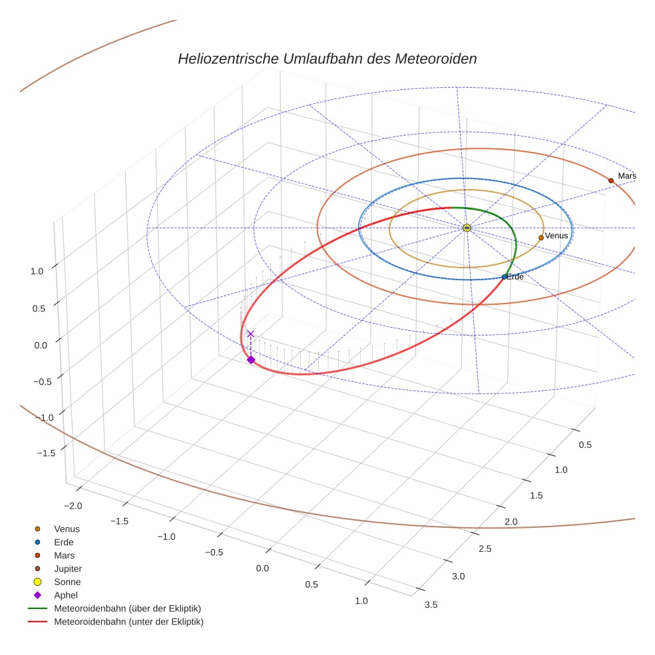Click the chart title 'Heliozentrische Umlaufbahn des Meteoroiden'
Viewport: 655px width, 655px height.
[x=327, y=59]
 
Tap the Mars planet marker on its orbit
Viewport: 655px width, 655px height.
[x=610, y=180]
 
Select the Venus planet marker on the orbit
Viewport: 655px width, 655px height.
[x=541, y=238]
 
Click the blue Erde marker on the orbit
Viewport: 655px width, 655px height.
[x=504, y=276]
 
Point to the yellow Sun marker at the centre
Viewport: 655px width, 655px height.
[x=467, y=228]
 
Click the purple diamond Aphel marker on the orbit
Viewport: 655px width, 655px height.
[x=251, y=359]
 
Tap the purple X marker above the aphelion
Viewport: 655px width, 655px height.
[x=250, y=333]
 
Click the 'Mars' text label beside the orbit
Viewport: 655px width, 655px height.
[x=627, y=176]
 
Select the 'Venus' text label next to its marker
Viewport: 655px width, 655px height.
[x=556, y=236]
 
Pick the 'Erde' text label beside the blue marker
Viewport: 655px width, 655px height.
[x=515, y=276]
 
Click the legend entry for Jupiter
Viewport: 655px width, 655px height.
[x=68, y=568]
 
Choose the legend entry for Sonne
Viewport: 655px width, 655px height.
[x=67, y=582]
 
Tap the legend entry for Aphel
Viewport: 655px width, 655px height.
[x=66, y=595]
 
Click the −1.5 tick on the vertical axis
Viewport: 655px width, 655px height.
[x=45, y=452]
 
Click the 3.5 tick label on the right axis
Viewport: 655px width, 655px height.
[x=431, y=604]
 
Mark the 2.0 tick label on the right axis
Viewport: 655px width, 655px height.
[x=511, y=521]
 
